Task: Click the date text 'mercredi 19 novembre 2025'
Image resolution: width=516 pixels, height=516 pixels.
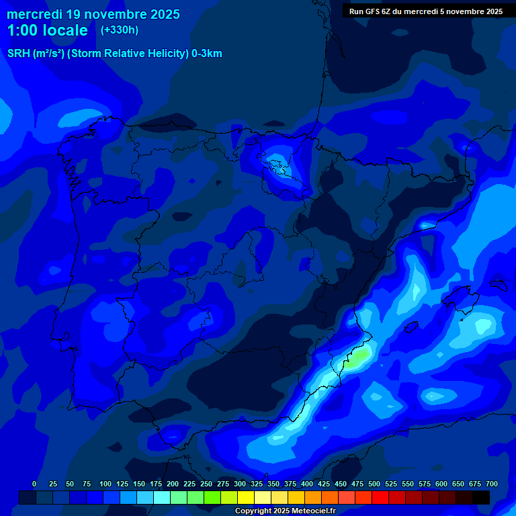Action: (93, 14)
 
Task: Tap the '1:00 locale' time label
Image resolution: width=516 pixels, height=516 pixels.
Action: (48, 30)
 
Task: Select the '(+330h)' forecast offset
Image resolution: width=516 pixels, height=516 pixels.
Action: (120, 30)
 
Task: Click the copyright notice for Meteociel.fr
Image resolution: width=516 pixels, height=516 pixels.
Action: (285, 511)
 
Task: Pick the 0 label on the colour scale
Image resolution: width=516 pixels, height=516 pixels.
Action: (34, 484)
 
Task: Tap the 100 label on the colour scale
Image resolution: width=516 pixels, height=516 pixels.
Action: (105, 484)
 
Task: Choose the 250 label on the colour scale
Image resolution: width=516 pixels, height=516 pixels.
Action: (206, 484)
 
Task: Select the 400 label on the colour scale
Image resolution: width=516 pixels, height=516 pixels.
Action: (307, 484)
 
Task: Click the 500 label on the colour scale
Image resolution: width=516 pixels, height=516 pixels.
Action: (374, 484)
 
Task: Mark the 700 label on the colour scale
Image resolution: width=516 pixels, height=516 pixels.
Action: (492, 484)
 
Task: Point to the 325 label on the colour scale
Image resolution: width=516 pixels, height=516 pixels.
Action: (257, 484)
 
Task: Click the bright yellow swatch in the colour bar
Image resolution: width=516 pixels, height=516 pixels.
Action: (246, 498)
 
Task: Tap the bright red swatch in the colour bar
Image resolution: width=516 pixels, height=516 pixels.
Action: (380, 498)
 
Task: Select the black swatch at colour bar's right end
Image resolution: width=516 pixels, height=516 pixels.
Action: (481, 498)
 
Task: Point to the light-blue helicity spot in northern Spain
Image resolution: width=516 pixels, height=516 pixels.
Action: (276, 161)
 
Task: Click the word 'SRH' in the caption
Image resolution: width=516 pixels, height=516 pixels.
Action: (18, 54)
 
